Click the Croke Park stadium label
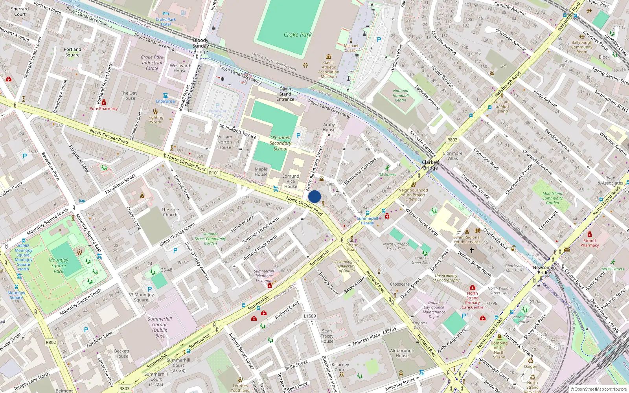click(x=298, y=35)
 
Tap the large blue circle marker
click(x=314, y=196)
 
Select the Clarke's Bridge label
click(x=430, y=165)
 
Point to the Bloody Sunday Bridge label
click(x=200, y=46)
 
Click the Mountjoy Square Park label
click(x=59, y=265)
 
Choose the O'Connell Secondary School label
click(x=280, y=143)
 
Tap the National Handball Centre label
click(x=401, y=95)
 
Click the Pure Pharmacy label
click(x=103, y=108)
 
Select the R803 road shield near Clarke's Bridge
click(x=452, y=140)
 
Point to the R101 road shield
click(x=214, y=173)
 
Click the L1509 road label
click(x=310, y=316)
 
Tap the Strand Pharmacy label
click(x=589, y=243)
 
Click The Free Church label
click(x=170, y=212)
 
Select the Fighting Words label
click(x=156, y=119)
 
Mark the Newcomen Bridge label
click(x=544, y=270)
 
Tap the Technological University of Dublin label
click(x=346, y=266)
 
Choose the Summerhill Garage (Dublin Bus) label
click(x=160, y=327)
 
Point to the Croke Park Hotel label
click(x=166, y=22)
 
